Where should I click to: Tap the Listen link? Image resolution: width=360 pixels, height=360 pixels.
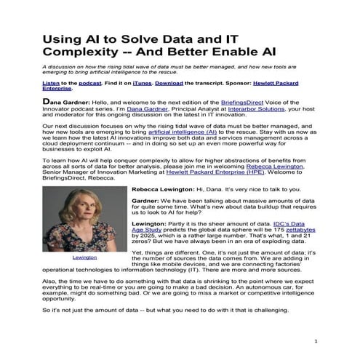pos(31,84)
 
